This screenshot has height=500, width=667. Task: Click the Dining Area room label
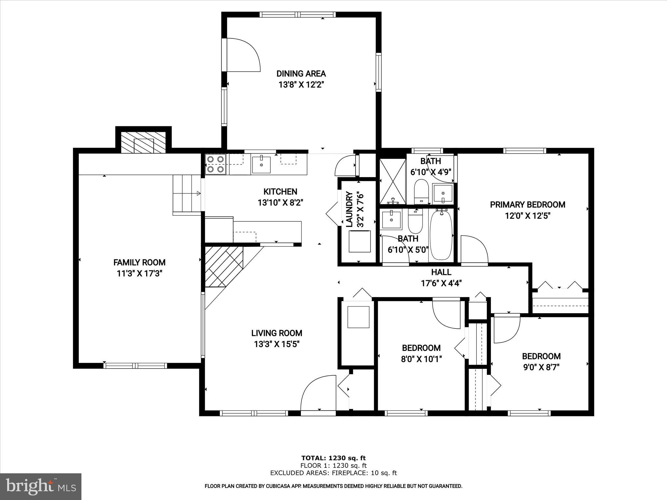coord(301,74)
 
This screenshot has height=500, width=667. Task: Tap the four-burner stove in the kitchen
coord(216,164)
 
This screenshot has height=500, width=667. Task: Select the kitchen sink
coord(261,164)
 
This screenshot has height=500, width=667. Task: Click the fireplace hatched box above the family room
coord(143,142)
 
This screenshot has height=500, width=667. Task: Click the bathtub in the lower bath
coord(441,234)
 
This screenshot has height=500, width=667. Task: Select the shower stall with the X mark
coord(393,181)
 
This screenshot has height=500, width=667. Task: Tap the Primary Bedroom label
coord(527,205)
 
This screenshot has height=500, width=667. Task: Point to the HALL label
coord(441,272)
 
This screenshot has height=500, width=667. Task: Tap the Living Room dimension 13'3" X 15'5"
coord(277,344)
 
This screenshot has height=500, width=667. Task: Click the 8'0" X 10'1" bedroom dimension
coord(421,359)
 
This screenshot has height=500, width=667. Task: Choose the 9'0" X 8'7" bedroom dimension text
coord(541,367)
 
